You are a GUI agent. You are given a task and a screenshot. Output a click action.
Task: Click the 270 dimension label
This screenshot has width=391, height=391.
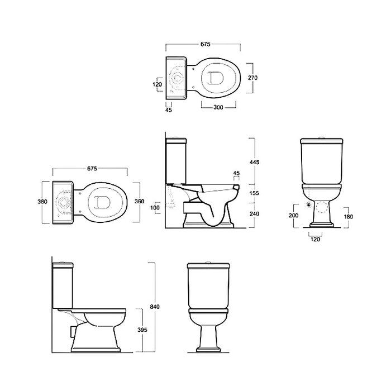[252, 78]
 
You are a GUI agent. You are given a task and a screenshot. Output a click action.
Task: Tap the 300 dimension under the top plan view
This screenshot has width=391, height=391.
[218, 107]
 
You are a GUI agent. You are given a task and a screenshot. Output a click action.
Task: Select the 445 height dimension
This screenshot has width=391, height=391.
[254, 162]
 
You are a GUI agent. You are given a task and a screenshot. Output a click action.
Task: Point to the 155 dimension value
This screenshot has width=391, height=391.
[254, 193]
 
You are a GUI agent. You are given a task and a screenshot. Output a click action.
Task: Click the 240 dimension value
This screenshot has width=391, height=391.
[254, 214]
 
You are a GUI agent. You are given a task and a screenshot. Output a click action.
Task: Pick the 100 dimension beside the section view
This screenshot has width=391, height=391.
[155, 207]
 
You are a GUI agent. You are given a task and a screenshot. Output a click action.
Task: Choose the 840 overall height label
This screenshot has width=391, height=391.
[155, 307]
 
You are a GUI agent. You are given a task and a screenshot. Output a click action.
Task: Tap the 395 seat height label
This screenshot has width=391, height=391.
[142, 330]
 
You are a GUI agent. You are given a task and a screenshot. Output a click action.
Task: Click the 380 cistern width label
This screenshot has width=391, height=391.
[42, 201]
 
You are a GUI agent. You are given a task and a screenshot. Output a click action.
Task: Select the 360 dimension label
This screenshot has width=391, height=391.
[140, 201]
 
